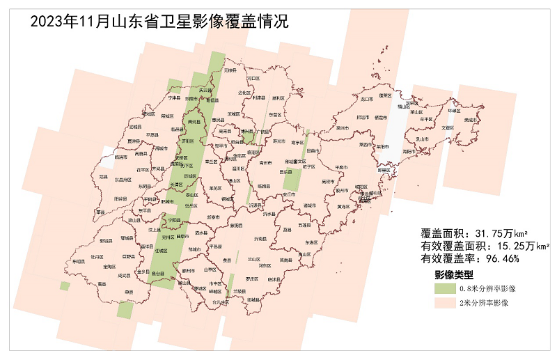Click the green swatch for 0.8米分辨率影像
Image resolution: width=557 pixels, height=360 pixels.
[x=444, y=288]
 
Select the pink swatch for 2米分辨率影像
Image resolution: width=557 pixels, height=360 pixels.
[x=444, y=303]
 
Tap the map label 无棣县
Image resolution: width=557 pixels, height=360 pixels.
[x=230, y=70]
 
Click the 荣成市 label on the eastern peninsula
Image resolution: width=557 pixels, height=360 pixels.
[x=473, y=119]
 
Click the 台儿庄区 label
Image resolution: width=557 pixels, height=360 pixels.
[x=221, y=302]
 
